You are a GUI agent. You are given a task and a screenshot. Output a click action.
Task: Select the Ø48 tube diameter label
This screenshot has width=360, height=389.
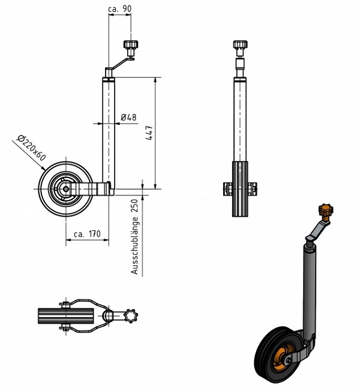[x=128, y=117]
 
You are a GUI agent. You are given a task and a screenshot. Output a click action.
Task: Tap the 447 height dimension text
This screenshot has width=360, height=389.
[x=149, y=133]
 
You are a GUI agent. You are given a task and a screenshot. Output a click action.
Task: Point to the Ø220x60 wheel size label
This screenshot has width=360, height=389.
[x=32, y=147]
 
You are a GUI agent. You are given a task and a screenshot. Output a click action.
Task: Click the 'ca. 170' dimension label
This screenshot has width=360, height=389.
[x=86, y=234]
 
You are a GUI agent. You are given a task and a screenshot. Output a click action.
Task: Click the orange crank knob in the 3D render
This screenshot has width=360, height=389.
[x=325, y=212]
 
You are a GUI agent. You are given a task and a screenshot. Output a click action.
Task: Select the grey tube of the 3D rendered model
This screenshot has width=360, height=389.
[x=310, y=288]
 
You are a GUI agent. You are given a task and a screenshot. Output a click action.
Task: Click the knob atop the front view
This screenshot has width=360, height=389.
[x=240, y=47]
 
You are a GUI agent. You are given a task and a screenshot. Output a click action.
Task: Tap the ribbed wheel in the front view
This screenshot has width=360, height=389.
[x=240, y=189]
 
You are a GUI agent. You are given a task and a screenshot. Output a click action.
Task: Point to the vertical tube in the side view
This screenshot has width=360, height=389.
[x=109, y=132]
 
